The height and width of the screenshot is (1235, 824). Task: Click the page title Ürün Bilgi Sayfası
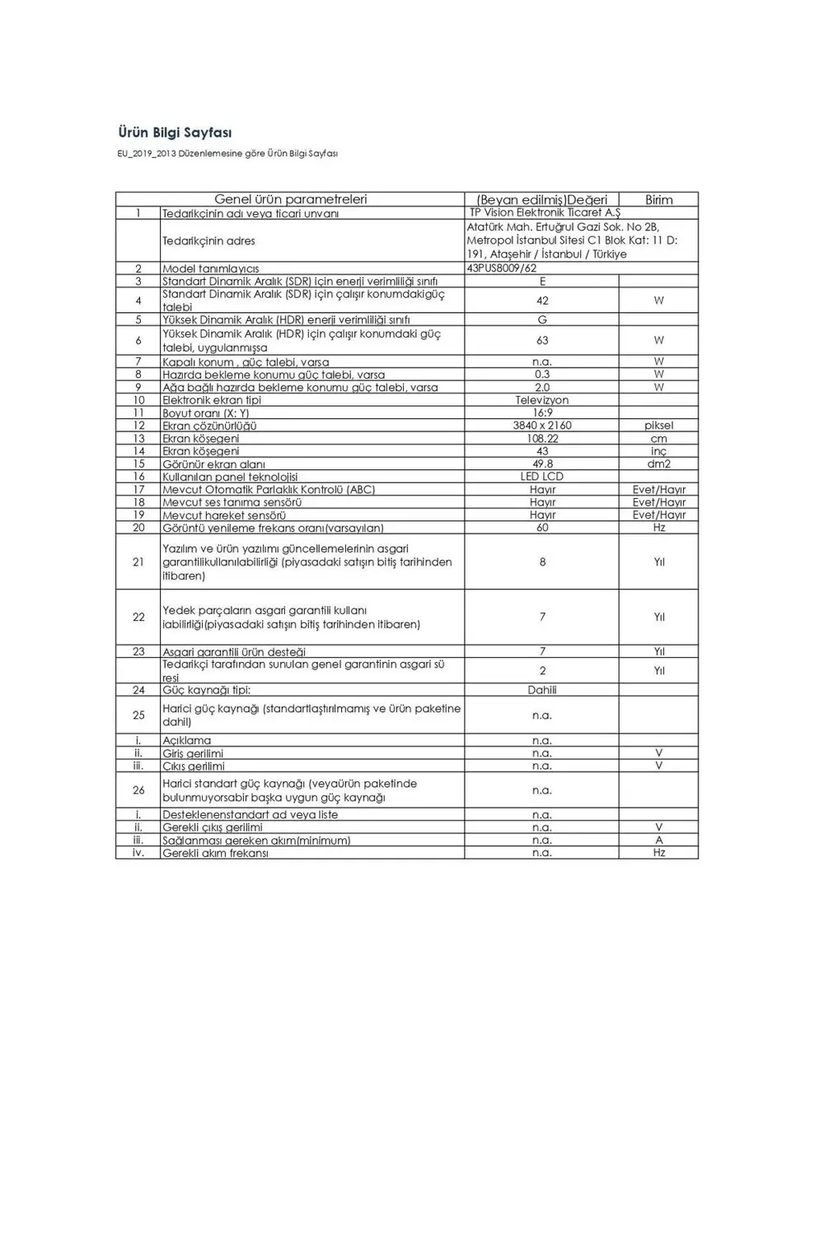[175, 133]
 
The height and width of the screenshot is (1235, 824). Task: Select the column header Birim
[658, 199]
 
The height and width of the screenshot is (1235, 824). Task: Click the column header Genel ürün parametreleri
[290, 199]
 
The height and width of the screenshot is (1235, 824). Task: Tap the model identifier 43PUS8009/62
[501, 268]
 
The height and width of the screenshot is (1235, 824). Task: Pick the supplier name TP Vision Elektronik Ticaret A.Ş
[544, 212]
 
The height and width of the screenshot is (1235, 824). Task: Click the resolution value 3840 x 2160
[541, 426]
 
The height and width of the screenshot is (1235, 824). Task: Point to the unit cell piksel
[658, 426]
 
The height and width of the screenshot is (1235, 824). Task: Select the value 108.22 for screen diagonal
[541, 439]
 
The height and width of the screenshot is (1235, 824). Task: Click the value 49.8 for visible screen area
[541, 464]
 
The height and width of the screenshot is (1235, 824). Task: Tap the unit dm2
[658, 464]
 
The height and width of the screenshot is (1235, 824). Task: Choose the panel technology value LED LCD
[541, 477]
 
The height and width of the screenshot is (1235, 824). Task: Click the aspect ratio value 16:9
[541, 413]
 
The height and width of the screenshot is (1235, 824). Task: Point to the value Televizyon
[541, 400]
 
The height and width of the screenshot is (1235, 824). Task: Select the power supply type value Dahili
[541, 690]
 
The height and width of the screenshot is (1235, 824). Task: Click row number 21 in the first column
[138, 562]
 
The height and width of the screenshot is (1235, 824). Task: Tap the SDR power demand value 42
[541, 301]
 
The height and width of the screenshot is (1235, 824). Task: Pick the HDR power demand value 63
[541, 340]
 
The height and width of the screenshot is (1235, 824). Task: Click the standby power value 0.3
[541, 375]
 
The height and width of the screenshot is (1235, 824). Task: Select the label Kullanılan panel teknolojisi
[230, 478]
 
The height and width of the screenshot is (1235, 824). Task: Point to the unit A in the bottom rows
[658, 840]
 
